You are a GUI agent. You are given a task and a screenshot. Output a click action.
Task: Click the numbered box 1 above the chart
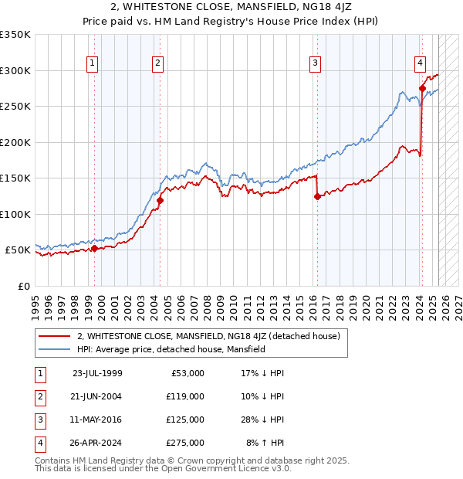coord(92,63)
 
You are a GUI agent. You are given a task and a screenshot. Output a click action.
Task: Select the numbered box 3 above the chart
coord(316,63)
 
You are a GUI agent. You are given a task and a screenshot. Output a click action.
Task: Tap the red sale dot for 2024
coord(422,89)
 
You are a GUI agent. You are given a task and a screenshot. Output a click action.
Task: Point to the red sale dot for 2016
coord(317,196)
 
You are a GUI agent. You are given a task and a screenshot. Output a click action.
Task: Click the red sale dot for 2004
coord(161,201)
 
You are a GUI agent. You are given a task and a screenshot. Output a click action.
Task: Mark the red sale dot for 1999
coord(95,248)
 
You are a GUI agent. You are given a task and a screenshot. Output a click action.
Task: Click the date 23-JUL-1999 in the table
coord(97,373)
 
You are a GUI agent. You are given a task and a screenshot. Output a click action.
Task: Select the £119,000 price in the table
coord(185,396)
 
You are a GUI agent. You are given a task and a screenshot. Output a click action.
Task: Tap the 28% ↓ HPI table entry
coord(263,420)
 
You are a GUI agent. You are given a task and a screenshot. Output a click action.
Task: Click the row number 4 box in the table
coord(38,443)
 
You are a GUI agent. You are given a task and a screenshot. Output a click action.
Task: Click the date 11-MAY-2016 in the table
coord(97,420)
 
